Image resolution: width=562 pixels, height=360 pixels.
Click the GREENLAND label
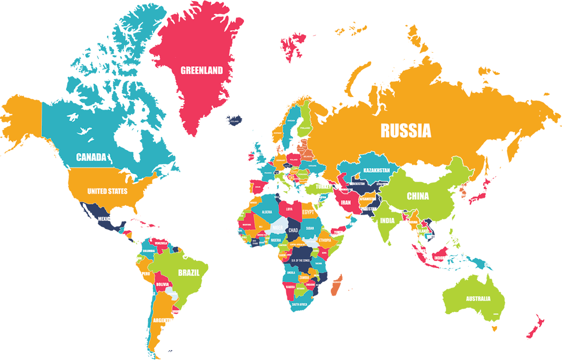tap(202, 71)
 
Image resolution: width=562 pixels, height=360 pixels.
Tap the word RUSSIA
tap(406, 130)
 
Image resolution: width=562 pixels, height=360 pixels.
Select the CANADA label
tap(92, 157)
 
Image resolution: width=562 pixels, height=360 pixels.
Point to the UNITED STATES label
tap(107, 191)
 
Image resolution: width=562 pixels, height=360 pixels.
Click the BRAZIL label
tap(188, 272)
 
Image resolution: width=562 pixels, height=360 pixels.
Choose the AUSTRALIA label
tap(477, 299)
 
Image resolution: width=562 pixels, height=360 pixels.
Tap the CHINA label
tap(417, 196)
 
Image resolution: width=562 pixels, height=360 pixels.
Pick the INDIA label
tap(387, 220)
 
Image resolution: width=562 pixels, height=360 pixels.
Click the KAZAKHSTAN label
tap(376, 170)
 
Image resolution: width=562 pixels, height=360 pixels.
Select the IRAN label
tap(345, 203)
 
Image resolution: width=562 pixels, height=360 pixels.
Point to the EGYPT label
tap(308, 213)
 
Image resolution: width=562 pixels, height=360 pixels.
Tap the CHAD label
tap(293, 230)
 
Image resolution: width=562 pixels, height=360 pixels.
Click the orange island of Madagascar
tap(337, 285)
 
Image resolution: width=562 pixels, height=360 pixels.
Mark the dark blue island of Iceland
tap(235, 121)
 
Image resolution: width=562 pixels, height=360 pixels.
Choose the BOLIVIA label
tap(162, 285)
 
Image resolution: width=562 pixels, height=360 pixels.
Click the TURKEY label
tap(322, 187)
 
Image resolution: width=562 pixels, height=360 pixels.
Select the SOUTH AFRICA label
tap(302, 304)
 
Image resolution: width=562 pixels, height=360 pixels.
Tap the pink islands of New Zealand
tap(534, 328)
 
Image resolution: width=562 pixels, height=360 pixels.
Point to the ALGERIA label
tap(267, 212)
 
